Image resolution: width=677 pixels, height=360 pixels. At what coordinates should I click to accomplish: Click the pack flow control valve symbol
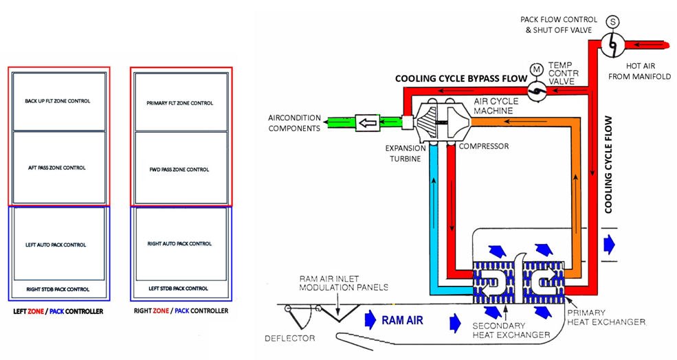coord(612,44)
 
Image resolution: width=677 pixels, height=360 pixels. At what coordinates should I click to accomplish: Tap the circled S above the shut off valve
coord(612,21)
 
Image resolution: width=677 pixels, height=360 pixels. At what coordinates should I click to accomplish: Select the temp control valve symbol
coord(537,90)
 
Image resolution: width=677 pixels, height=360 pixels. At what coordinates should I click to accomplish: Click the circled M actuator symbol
coord(537,69)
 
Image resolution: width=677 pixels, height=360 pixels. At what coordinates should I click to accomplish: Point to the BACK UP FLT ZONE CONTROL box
coord(59,102)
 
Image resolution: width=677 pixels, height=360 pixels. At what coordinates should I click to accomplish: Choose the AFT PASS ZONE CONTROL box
coord(59,168)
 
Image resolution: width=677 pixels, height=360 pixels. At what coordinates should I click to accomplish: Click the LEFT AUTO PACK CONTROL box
coord(59,244)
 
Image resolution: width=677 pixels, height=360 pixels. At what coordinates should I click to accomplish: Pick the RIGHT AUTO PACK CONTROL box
coord(181,244)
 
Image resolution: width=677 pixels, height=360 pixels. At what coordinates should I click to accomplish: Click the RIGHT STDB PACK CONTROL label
coord(58,289)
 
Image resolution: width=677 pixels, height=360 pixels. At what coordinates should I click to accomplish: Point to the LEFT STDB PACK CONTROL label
coord(178,289)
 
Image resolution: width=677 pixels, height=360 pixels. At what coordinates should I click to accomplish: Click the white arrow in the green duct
coord(368,122)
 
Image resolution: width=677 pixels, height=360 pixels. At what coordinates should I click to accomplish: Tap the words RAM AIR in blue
coord(402,320)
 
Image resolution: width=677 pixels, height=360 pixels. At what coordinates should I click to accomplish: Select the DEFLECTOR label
coord(290,339)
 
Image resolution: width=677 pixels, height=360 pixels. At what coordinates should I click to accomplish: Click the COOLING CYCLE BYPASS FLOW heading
coord(461,78)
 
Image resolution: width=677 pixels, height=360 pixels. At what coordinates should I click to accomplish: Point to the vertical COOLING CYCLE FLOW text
coord(608,164)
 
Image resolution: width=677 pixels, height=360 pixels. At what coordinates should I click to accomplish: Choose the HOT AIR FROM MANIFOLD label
coord(640,71)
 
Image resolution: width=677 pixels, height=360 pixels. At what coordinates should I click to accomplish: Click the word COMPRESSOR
coord(484,146)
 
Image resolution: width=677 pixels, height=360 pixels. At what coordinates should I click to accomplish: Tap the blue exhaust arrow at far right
coord(609,245)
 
